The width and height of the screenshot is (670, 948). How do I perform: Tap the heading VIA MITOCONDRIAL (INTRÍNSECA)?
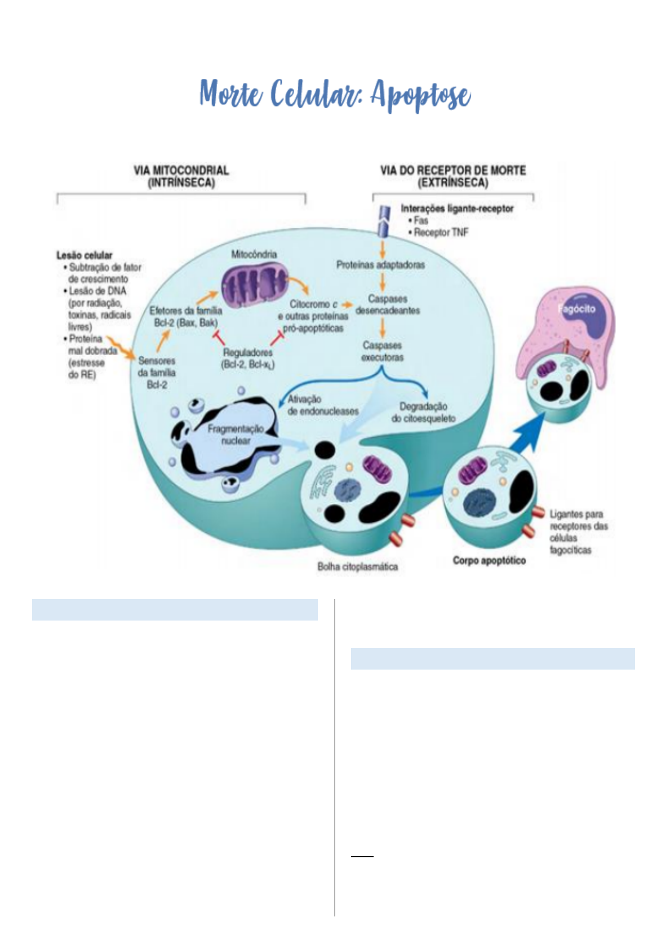[x=181, y=176]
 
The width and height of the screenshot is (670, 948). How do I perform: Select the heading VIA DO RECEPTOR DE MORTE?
[x=453, y=171]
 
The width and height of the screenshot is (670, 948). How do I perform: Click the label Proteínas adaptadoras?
[x=380, y=265]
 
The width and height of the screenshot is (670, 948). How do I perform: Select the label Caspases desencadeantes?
[x=387, y=305]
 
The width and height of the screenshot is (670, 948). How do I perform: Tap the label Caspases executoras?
[x=382, y=351]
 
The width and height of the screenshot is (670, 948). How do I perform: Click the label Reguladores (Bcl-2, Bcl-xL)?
[x=247, y=358]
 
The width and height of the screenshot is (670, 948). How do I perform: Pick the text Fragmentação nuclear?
[x=236, y=435]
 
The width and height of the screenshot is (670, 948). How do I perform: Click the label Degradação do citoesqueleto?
[x=423, y=412]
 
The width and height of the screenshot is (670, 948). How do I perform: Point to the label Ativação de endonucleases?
[x=323, y=405]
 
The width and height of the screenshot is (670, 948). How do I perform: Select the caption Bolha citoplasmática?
[x=358, y=566]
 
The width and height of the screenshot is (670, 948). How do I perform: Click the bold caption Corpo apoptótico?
[x=489, y=560]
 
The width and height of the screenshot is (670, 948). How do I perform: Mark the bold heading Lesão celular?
[x=84, y=255]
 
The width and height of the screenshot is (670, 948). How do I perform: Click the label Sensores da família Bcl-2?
[x=157, y=373]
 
